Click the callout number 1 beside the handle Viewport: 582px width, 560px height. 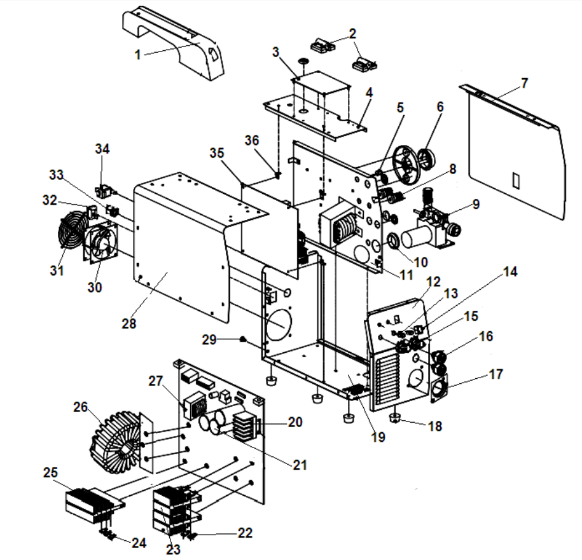pos(137,54)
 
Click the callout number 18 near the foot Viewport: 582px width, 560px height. pos(434,426)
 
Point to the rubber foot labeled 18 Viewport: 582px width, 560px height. pos(395,418)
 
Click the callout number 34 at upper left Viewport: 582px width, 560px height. pos(102,149)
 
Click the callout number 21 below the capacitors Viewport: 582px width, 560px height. pos(300,465)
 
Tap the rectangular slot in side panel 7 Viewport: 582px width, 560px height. pos(516,180)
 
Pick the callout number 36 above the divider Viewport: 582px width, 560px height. pos(253,140)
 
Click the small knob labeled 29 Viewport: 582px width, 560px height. pos(243,339)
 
